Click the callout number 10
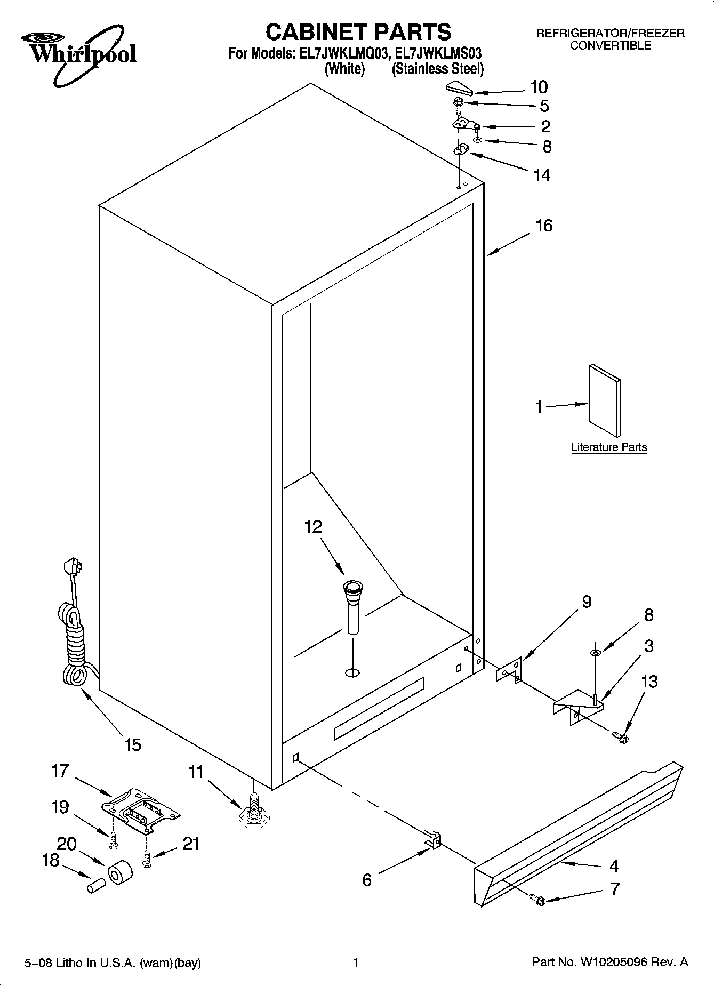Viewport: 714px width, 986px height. (539, 87)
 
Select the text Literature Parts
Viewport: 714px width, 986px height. (608, 447)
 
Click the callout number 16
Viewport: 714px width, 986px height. (544, 226)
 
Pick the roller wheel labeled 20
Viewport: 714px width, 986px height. (120, 872)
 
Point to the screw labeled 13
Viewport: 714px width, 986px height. (621, 738)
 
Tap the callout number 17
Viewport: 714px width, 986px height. (60, 771)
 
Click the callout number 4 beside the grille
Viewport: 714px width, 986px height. (614, 866)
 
